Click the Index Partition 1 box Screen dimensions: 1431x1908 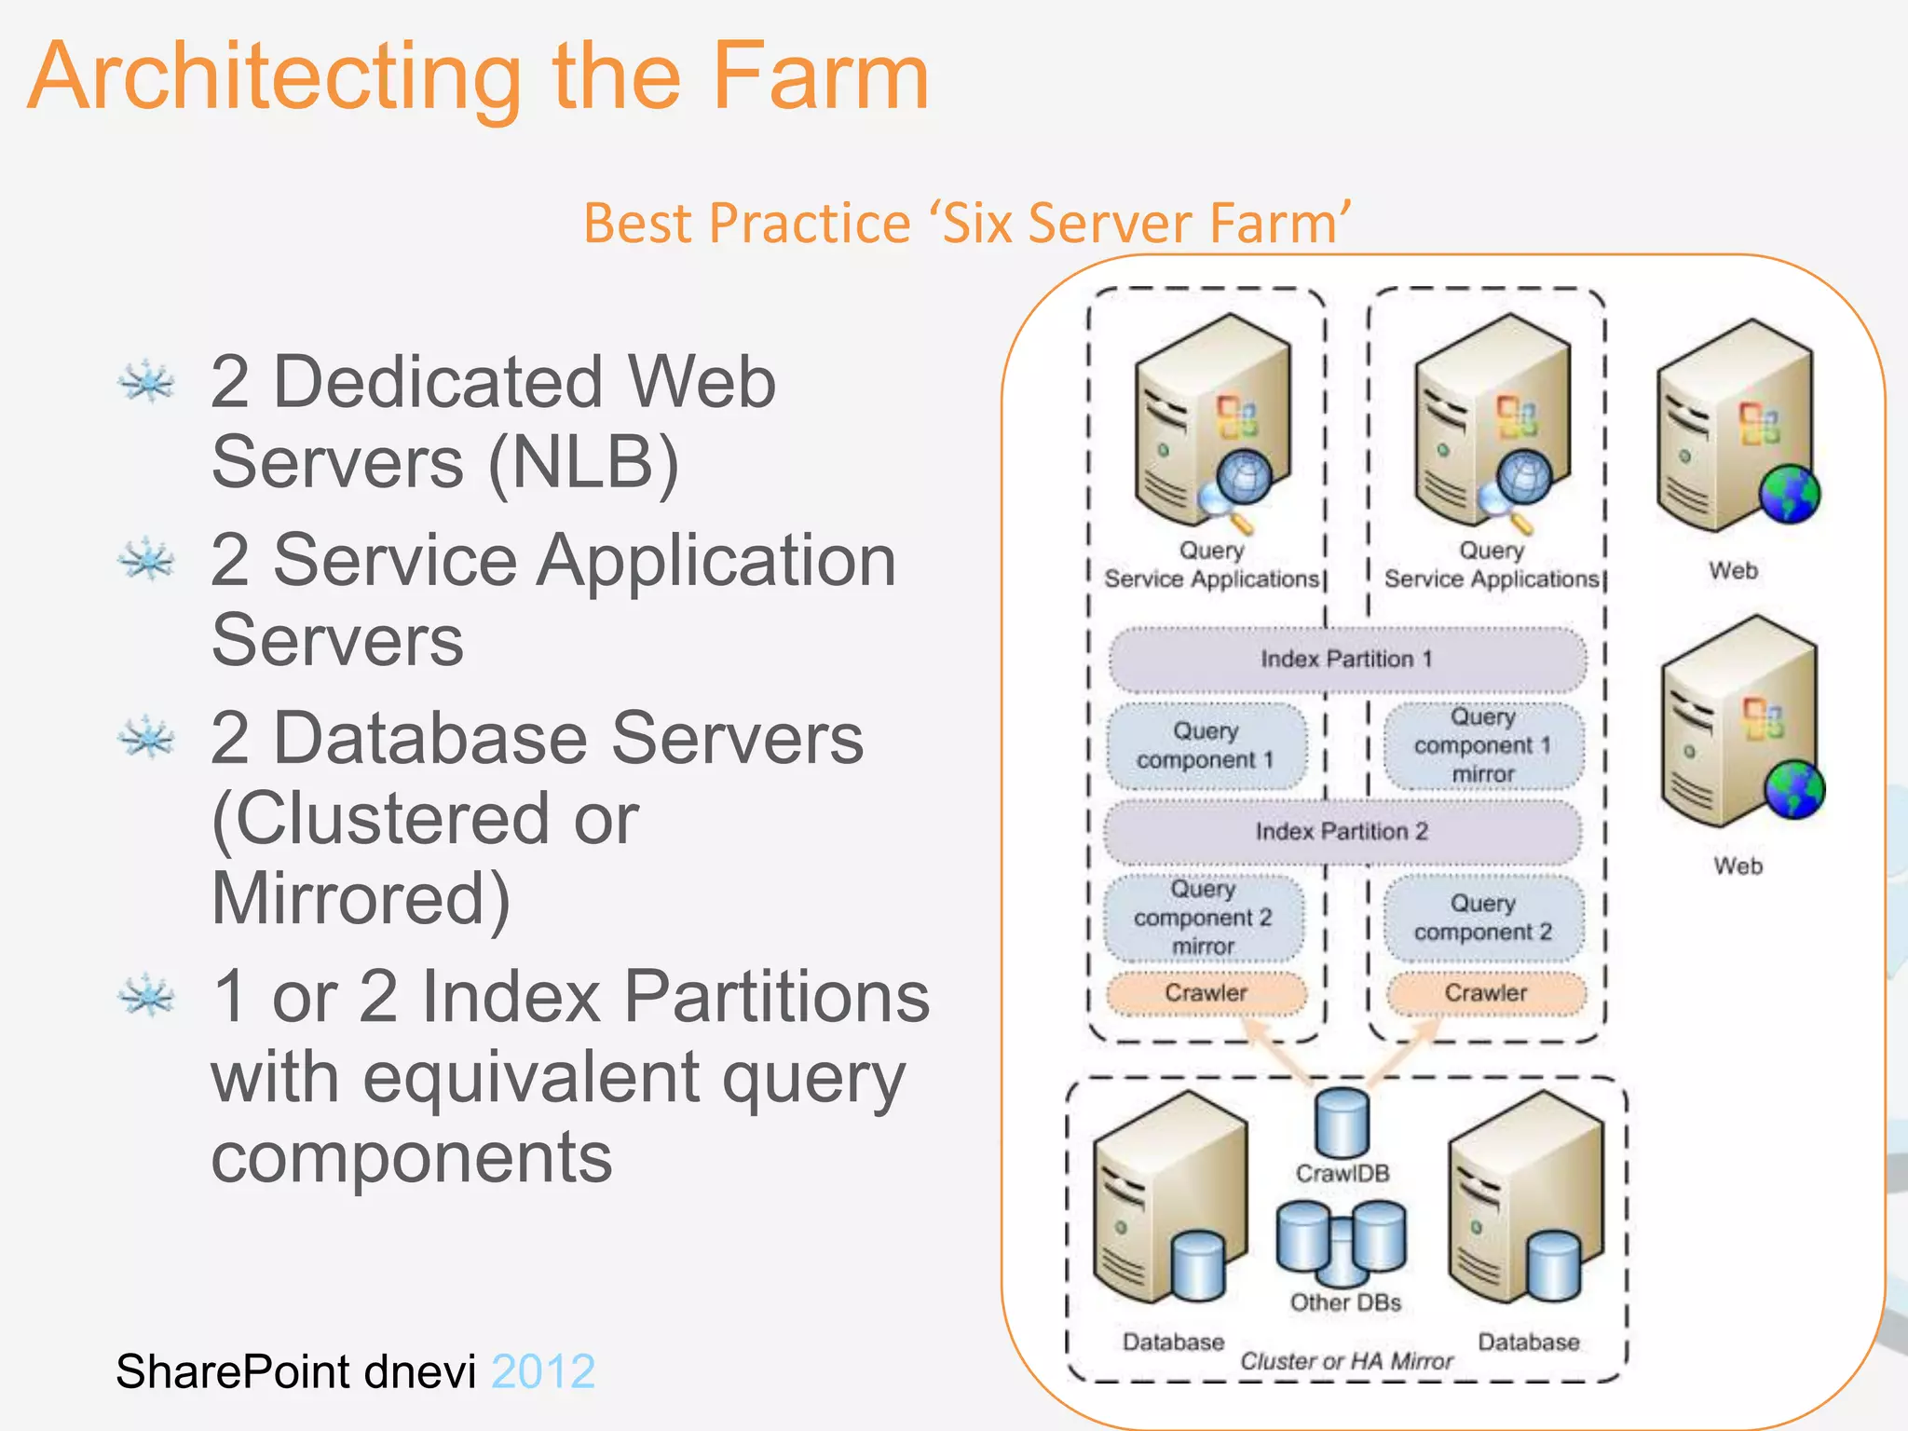1346,660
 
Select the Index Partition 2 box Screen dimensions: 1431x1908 1342,831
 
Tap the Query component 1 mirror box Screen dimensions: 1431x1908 1483,746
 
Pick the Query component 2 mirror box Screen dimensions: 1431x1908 1203,919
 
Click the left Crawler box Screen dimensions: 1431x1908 1206,993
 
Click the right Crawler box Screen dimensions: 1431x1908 1486,993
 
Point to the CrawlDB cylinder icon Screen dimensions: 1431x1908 1342,1123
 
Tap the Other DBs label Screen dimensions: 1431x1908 1345,1302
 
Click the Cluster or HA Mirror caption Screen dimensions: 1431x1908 1346,1361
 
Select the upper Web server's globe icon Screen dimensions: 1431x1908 1790,494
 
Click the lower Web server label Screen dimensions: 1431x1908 1738,866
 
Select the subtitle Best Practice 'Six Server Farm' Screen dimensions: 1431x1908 967,223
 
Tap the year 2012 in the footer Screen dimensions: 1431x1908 543,1371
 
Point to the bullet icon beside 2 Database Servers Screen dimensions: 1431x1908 146,738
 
